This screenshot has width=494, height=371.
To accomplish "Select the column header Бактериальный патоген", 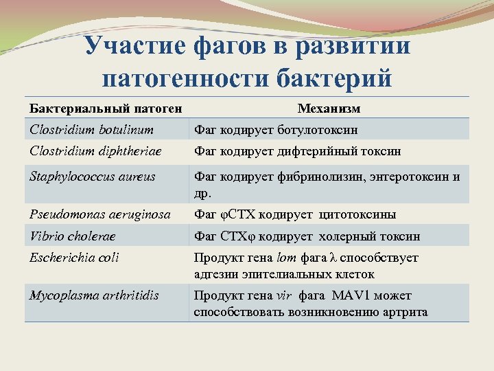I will (106, 109).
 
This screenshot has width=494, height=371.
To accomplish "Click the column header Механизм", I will (329, 109).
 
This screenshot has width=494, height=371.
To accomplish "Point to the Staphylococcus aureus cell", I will (93, 177).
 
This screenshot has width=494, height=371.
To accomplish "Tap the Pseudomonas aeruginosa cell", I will (100, 214).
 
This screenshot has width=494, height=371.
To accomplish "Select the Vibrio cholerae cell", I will (73, 236).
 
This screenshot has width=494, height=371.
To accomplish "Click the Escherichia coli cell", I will (74, 258).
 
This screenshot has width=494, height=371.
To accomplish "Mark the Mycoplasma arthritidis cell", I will (94, 295).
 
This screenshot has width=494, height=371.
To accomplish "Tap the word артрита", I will (404, 312).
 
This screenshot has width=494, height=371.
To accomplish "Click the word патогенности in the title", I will (185, 78).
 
